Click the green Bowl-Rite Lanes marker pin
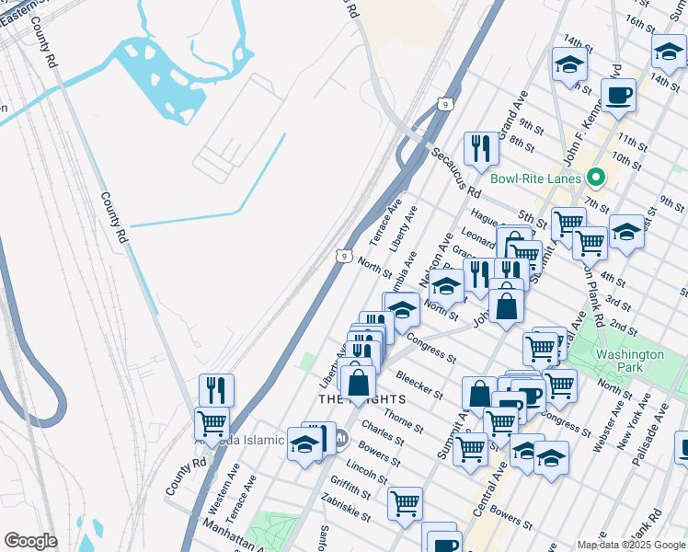595,178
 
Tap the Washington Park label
629,361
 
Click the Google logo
30,541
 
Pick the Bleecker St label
419,384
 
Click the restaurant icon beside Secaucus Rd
481,147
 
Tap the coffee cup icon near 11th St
618,94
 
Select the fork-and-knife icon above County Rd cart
216,389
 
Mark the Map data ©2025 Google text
631,544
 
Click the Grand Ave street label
511,108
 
